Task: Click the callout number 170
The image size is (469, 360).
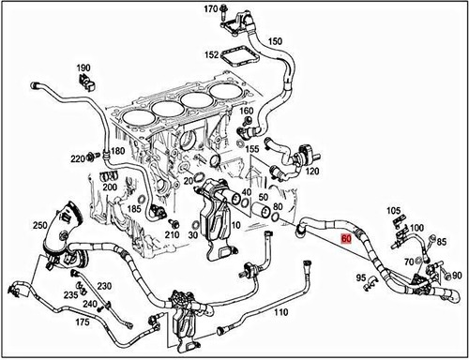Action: [x=211, y=9]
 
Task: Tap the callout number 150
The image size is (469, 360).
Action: [x=275, y=42]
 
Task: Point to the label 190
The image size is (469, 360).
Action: [x=83, y=68]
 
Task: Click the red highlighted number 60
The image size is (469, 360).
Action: [x=347, y=239]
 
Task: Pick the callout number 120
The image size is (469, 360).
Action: [x=311, y=173]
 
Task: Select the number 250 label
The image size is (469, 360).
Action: [x=39, y=226]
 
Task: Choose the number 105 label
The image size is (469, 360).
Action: [x=393, y=211]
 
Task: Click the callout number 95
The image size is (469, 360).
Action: [x=361, y=277]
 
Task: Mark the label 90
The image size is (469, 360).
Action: [x=457, y=276]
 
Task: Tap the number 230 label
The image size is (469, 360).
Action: [x=104, y=286]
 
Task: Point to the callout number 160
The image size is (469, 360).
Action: [x=246, y=111]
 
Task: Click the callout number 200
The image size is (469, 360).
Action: [x=110, y=187]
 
